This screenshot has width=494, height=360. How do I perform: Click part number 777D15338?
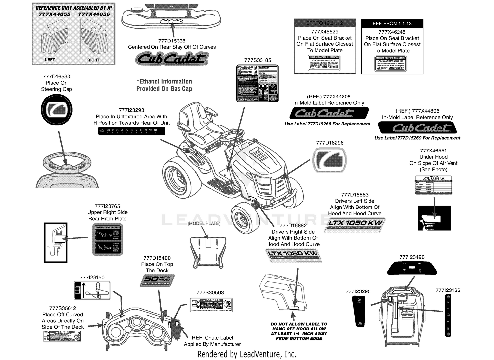click(172, 41)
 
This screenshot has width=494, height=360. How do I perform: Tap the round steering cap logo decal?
click(57, 110)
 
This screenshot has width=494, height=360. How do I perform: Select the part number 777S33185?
click(258, 60)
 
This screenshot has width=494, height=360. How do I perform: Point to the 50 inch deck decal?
click(157, 280)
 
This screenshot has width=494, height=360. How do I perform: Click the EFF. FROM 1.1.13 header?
click(392, 24)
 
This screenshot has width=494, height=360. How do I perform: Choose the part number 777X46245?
click(392, 32)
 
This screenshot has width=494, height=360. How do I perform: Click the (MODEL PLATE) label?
click(204, 223)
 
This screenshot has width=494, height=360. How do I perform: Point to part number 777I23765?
click(107, 206)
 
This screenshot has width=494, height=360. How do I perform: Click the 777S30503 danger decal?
click(211, 305)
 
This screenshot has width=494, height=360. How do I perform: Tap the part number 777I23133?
click(448, 290)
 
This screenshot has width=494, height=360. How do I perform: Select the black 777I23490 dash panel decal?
click(412, 268)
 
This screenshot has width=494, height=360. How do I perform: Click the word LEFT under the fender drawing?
click(50, 60)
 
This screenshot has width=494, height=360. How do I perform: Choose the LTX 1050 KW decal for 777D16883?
click(354, 225)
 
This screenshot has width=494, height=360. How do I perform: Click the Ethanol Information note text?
click(164, 85)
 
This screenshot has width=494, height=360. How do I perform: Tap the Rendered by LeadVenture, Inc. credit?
click(247, 354)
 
